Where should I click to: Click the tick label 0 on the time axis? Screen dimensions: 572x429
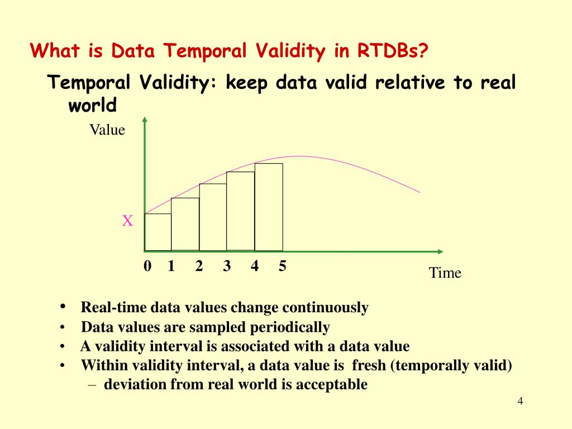coord(147,265)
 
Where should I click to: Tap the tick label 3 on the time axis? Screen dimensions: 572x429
coord(227,265)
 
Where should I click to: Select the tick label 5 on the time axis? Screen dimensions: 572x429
coord(282,265)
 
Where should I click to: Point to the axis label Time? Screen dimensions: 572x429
coord(445,273)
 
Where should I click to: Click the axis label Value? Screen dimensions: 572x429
coord(107,130)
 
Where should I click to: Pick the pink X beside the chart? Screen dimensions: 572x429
coord(127,221)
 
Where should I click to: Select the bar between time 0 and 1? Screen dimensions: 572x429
coord(158,232)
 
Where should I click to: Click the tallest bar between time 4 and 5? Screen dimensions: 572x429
coord(269,207)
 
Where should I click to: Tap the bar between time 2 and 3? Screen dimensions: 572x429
coord(213,217)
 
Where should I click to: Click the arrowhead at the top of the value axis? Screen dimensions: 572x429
coord(145,120)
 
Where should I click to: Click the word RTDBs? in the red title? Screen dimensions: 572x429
coord(392,50)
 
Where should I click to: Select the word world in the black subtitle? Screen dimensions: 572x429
coord(92,105)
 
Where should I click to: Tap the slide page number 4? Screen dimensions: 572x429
coord(520,401)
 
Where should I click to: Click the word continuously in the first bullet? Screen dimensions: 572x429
coord(326,308)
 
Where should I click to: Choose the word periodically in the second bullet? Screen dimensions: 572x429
coord(290,327)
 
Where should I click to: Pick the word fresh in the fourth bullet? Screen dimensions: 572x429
coord(369,365)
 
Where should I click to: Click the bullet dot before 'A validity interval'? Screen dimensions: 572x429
coord(63,346)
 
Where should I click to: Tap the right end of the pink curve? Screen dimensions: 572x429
coord(420,192)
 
